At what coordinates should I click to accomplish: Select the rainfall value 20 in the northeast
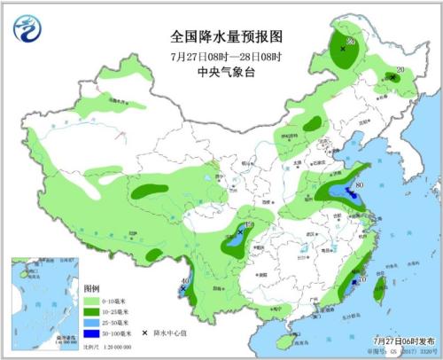point(400,71)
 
